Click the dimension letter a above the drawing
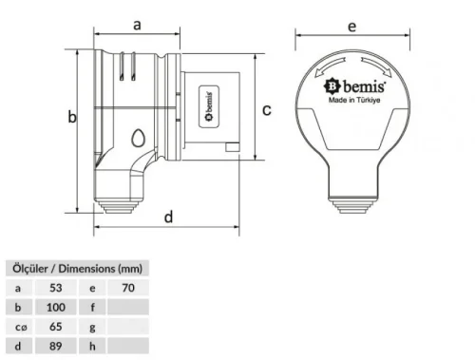[137, 25]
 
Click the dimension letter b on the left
[70, 117]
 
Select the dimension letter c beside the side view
[267, 109]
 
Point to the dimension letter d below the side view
[168, 217]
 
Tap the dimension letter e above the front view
[351, 27]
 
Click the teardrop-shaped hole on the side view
[140, 140]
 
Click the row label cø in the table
[20, 327]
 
